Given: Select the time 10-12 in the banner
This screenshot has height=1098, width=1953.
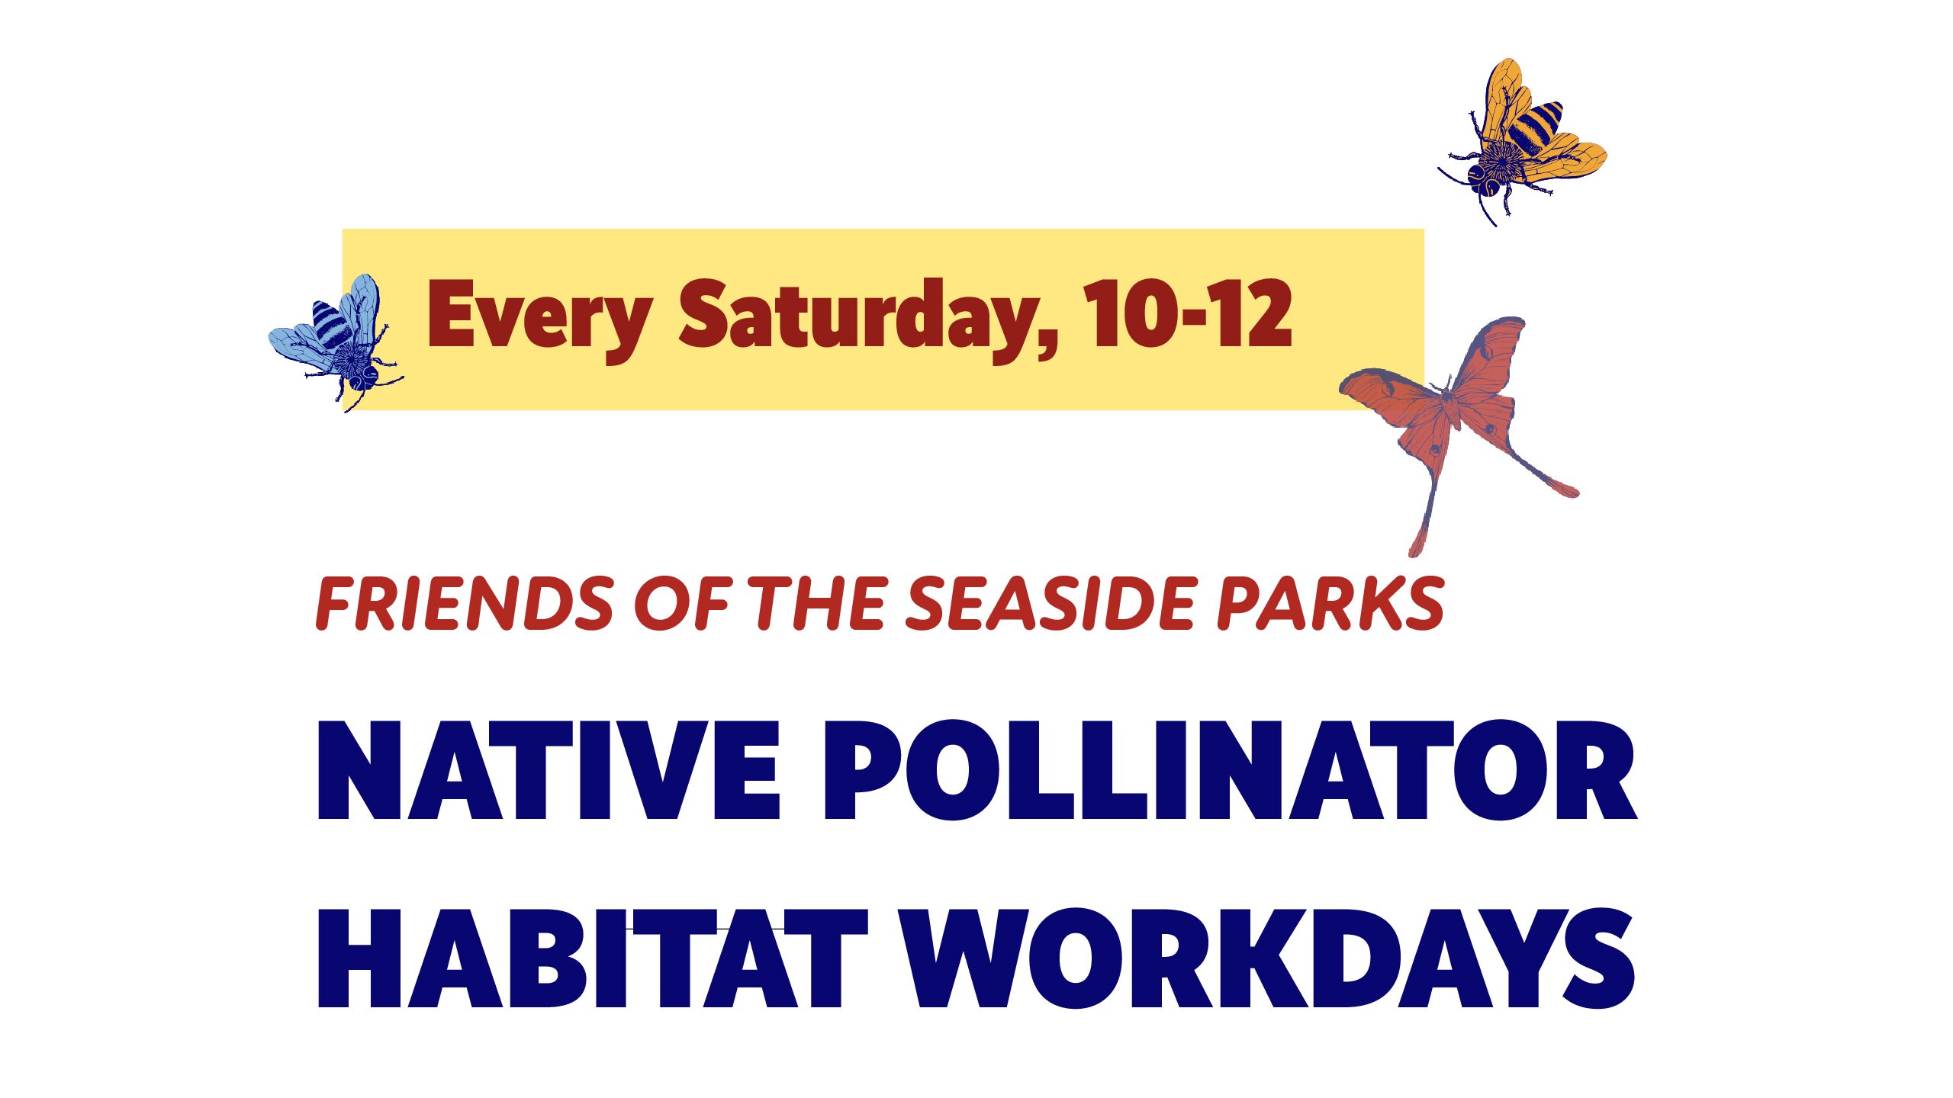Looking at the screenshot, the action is [1188, 313].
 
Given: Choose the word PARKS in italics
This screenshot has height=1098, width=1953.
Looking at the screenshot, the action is [1330, 603].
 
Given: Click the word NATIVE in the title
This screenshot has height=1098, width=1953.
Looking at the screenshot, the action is [549, 770].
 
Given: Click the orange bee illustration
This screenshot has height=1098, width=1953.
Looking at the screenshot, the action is [1523, 142].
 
